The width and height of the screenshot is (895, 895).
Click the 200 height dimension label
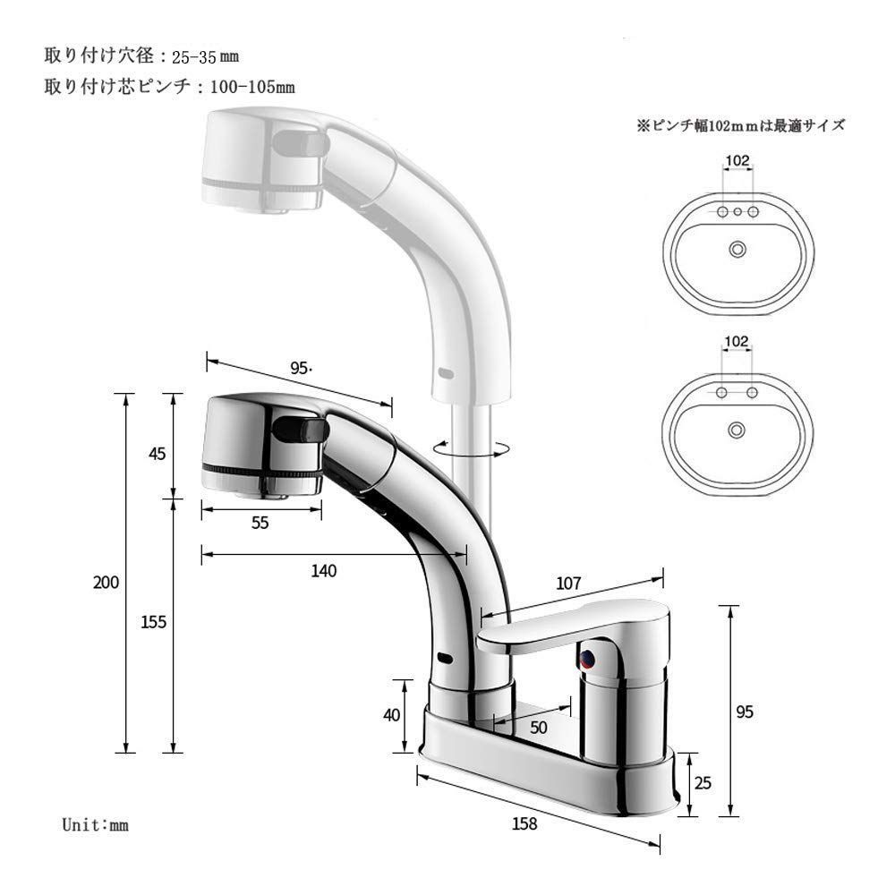click(106, 582)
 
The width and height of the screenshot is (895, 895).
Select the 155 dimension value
click(154, 621)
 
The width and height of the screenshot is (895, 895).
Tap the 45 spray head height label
click(158, 454)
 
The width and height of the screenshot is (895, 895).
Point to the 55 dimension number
click(260, 524)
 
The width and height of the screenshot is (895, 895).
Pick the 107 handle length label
click(569, 583)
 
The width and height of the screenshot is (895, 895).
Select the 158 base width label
click(526, 824)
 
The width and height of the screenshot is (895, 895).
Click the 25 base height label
click(703, 784)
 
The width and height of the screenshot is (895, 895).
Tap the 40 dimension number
click(391, 715)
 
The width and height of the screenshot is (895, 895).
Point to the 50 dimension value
click(538, 727)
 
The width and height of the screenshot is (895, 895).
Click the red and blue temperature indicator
click(586, 661)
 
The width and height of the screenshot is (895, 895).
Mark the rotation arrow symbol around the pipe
click(470, 447)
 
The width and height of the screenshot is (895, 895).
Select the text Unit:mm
click(96, 824)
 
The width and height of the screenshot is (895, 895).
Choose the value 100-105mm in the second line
click(252, 88)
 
